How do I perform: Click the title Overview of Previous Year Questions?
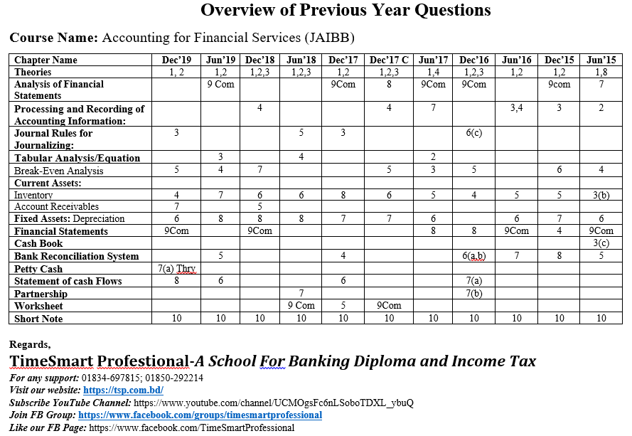click(346, 10)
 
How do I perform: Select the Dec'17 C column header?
click(389, 60)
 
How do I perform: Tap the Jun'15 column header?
click(601, 60)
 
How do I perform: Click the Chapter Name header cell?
click(45, 60)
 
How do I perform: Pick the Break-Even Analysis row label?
click(58, 171)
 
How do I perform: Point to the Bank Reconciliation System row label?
click(76, 256)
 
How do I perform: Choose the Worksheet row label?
click(38, 306)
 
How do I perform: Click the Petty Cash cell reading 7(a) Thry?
click(176, 269)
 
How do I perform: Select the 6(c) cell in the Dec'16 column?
click(473, 133)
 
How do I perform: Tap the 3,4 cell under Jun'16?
click(516, 108)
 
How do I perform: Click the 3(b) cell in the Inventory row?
click(601, 195)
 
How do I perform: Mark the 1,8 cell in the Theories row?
click(601, 72)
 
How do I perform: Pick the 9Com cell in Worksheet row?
click(389, 306)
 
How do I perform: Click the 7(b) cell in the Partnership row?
click(473, 293)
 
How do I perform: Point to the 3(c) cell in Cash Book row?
click(601, 244)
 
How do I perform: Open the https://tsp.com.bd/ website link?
click(123, 390)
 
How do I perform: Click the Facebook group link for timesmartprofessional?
click(200, 415)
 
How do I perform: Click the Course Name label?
click(53, 38)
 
